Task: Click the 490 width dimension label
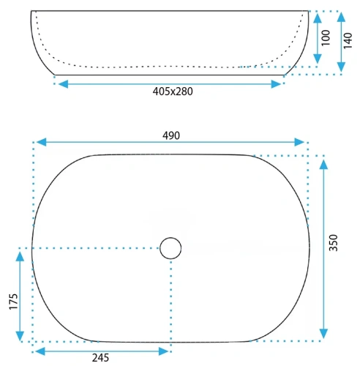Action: point(171,135)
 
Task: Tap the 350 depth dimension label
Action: point(334,243)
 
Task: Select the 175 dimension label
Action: point(14,302)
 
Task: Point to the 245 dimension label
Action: point(100,358)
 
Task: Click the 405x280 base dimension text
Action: point(173,91)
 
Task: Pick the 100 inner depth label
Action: point(326,38)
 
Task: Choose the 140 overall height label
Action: point(348,40)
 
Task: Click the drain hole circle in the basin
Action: point(170,248)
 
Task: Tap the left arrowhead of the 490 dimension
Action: point(42,142)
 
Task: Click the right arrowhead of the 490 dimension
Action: point(299,142)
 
